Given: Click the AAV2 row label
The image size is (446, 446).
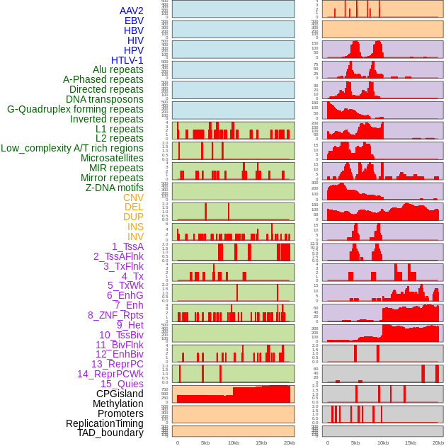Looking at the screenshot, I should [x=131, y=11].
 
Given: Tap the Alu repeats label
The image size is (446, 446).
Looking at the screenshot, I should [x=118, y=69].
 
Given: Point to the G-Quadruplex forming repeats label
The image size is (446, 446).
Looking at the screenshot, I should [x=75, y=109].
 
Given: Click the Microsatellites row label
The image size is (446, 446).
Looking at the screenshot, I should [x=112, y=158].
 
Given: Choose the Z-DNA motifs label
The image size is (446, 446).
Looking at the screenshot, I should [x=114, y=188].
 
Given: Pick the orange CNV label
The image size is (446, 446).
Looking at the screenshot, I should [x=133, y=198].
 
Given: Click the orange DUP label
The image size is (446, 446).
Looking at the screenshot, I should [x=133, y=217].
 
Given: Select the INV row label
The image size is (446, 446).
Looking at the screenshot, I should [x=135, y=236].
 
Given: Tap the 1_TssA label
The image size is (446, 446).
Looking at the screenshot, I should [x=127, y=246].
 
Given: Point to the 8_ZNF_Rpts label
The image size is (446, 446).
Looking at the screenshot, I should [x=115, y=315].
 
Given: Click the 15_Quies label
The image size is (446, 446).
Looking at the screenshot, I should [x=122, y=384].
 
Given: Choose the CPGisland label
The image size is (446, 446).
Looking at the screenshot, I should [x=120, y=394].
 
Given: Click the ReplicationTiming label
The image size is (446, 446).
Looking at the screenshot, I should [x=104, y=423].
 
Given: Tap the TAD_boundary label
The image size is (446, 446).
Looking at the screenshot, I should [x=110, y=433].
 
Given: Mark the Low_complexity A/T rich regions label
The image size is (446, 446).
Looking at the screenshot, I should [x=72, y=148].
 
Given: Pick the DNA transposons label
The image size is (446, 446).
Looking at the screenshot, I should [x=105, y=99].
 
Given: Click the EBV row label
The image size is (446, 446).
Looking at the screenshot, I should [x=134, y=21].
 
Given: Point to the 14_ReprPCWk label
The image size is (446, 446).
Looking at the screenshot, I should [x=110, y=374].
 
